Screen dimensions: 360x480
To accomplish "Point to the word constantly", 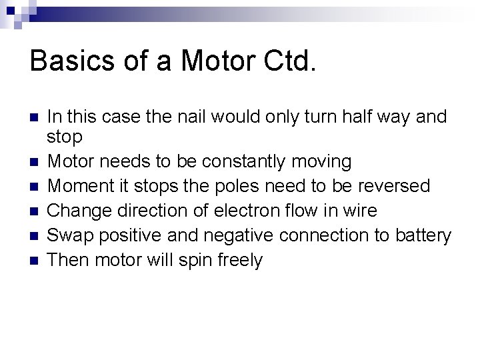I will [x=251, y=161].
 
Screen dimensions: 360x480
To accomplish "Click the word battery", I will [x=427, y=235].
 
